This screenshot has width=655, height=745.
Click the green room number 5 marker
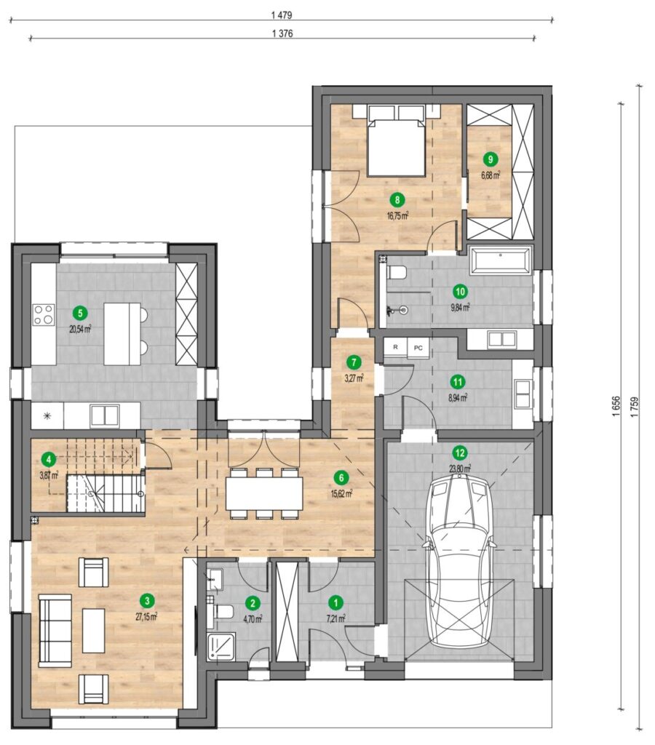80,313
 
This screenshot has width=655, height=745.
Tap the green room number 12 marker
460,453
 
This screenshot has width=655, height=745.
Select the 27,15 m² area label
146,617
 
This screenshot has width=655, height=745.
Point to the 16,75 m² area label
398,216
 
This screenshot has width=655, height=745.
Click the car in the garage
460,562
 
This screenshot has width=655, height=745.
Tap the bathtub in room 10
500,260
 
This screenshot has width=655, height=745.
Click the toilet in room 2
223,611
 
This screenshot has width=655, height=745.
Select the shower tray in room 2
221,646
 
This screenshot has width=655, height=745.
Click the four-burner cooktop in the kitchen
43,314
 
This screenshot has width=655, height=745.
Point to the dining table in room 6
264,493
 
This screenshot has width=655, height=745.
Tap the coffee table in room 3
94,631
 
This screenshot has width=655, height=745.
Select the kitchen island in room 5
122,333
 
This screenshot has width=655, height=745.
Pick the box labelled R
395,347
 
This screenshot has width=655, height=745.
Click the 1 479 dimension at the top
282,15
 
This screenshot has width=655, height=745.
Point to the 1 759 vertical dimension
635,407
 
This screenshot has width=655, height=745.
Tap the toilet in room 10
397,274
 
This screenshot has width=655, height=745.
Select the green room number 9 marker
490,159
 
